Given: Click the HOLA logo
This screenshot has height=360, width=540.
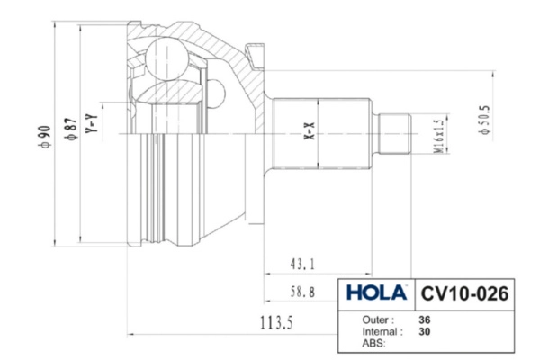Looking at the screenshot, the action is click(x=376, y=292).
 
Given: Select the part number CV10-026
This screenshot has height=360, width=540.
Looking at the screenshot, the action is click(x=464, y=294).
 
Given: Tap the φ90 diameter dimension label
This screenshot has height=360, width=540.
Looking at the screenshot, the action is click(x=45, y=137).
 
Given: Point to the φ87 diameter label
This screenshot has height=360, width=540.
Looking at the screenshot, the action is click(x=70, y=130).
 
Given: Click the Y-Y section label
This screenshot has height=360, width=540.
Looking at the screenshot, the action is click(x=92, y=123).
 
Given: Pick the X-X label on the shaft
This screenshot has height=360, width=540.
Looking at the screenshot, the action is click(x=310, y=131).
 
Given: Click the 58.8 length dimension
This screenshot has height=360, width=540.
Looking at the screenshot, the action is click(x=302, y=292).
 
